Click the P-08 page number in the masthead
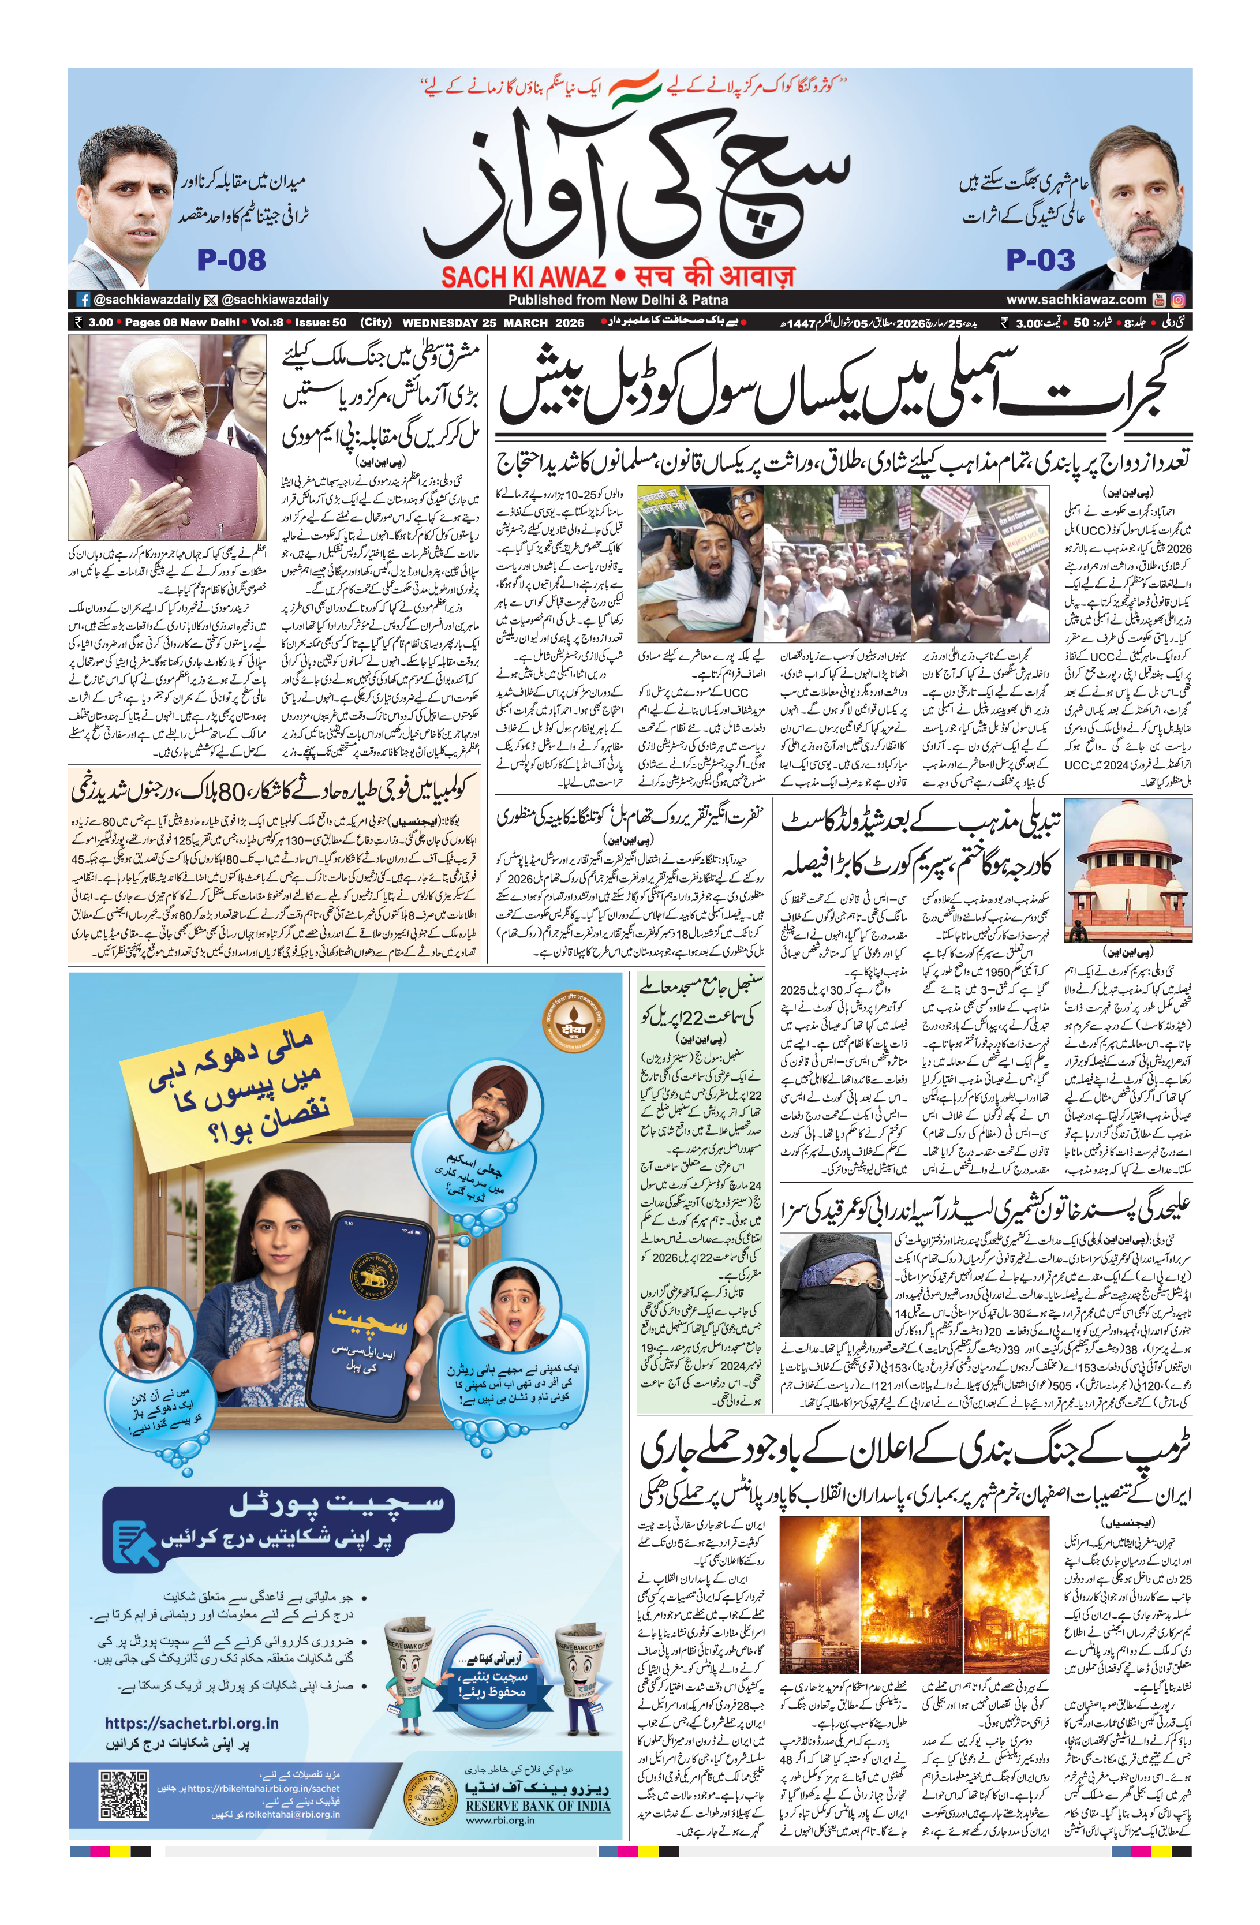231,260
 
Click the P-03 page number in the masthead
1040,260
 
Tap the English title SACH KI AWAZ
524,276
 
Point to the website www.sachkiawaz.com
1076,299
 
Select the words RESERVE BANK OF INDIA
538,1806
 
